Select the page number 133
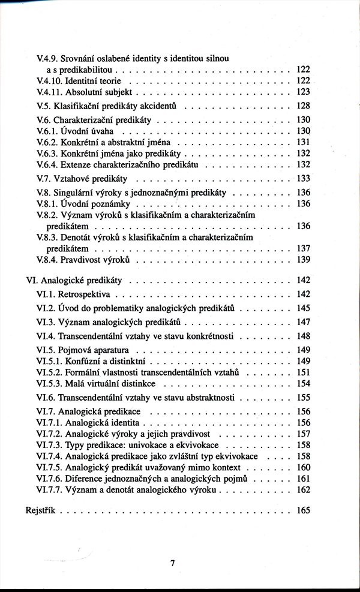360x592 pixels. (303, 178)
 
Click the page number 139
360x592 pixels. (303, 259)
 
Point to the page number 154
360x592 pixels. (303, 383)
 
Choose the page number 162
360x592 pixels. (303, 489)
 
